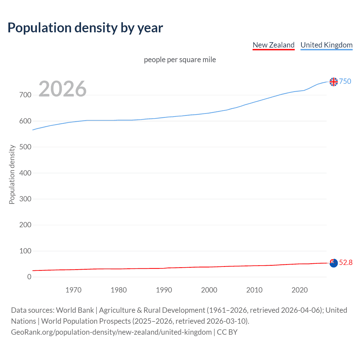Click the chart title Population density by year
[85, 28]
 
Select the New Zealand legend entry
[273, 45]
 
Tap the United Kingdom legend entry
[326, 45]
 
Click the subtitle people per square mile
[180, 60]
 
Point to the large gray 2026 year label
[62, 89]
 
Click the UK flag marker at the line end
[334, 82]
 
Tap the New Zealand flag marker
[334, 263]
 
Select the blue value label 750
[345, 81]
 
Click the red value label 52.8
[346, 262]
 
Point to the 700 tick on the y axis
[25, 95]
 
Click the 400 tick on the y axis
[25, 173]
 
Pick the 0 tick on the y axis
[29, 277]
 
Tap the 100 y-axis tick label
[25, 251]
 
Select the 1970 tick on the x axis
[73, 290]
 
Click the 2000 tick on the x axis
[209, 290]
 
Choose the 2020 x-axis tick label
[300, 290]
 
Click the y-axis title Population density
[12, 174]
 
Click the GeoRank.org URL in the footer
[111, 332]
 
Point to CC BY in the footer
[227, 332]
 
